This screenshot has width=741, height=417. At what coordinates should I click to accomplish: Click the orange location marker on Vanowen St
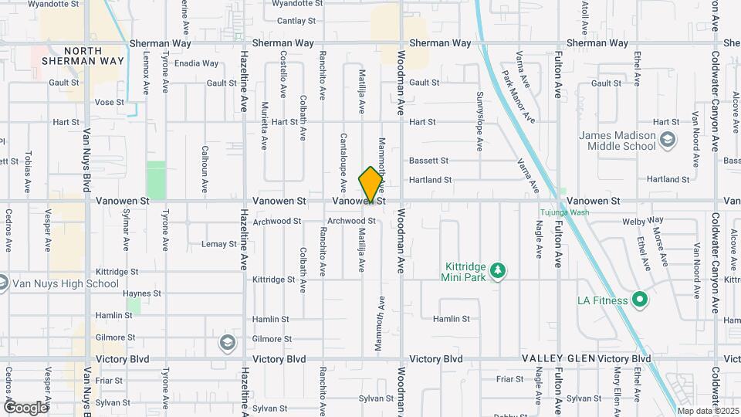coord(371,185)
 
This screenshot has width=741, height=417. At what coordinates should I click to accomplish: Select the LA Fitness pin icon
coord(638,299)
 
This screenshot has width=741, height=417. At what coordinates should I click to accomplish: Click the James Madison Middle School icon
coord(667,141)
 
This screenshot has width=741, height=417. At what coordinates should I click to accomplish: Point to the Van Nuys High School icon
coord(2,283)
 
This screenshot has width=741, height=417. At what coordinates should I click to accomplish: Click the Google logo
coord(25,407)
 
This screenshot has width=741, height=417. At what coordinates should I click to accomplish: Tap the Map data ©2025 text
coord(708,410)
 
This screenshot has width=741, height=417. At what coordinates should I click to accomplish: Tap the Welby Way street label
coord(638,222)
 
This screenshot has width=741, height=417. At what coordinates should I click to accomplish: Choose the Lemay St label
coord(218,244)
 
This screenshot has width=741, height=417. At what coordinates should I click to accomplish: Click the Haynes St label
coord(141,293)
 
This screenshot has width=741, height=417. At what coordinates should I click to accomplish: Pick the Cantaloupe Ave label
coord(343,163)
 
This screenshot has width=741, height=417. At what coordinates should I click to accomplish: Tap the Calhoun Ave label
coord(205,169)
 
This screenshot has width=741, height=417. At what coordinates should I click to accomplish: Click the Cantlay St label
coord(292,21)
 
